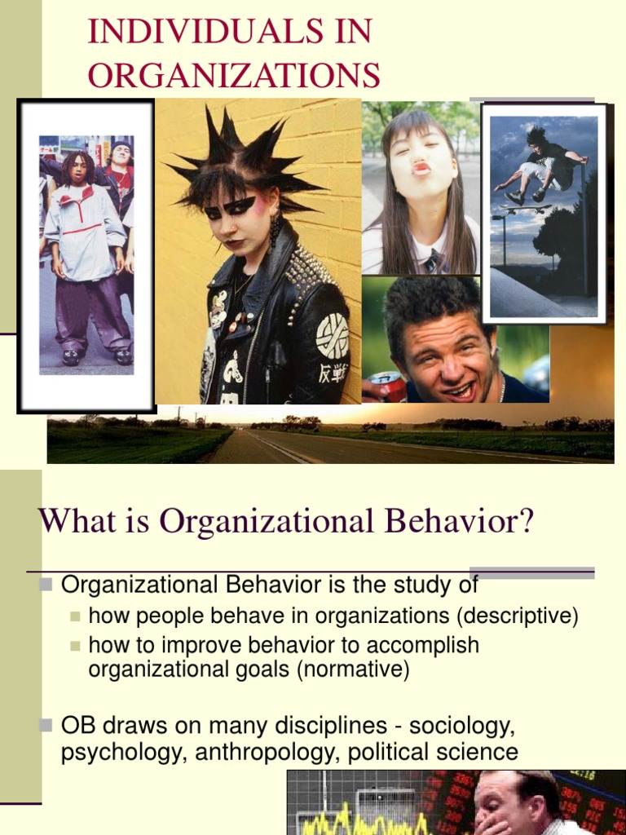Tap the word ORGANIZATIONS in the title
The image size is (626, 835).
point(234,75)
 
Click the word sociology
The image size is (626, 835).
point(461,725)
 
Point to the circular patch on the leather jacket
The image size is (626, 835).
point(332,335)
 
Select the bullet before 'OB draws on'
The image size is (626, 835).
point(46,725)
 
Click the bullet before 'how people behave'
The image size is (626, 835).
point(75,616)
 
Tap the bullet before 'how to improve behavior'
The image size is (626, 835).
point(75,645)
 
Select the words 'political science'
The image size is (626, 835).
point(433,752)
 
